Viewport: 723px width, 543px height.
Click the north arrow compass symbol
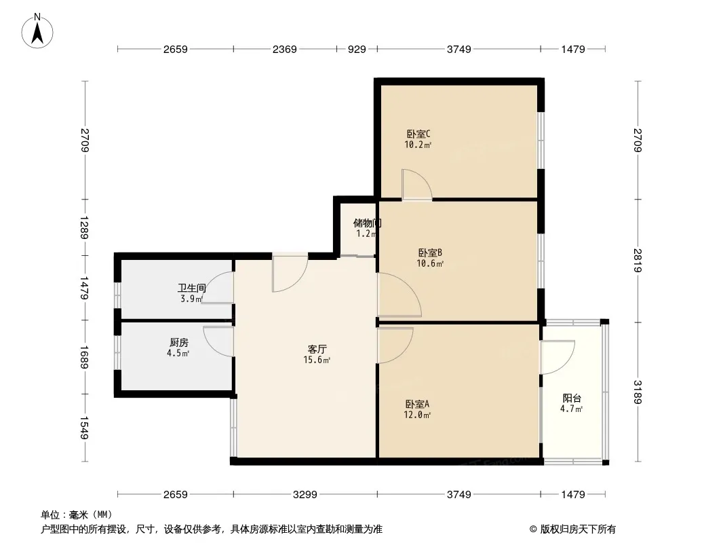tap(37, 31)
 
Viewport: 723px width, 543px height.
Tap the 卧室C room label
tap(418, 134)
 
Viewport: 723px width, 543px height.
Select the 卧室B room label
tap(430, 252)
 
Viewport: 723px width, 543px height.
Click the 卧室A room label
tap(417, 404)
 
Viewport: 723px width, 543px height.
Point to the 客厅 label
tap(317, 350)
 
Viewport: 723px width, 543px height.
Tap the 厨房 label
tap(179, 343)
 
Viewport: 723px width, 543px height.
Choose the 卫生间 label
tap(192, 288)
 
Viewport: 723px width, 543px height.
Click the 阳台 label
tap(572, 398)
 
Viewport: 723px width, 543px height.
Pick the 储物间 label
tap(368, 223)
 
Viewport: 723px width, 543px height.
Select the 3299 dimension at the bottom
tap(305, 495)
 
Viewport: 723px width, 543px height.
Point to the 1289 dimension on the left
tap(84, 227)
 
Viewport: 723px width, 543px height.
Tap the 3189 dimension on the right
tap(638, 392)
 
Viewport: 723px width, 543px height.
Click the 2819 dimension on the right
tap(638, 261)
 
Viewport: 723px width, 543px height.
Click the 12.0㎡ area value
tap(417, 415)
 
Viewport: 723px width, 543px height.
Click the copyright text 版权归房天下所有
tap(578, 529)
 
